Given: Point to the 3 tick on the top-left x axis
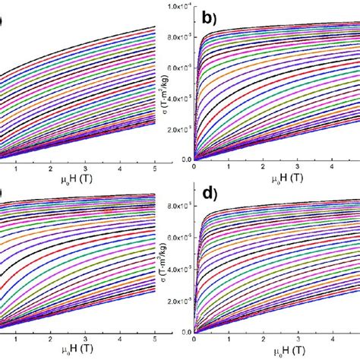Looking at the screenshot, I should click(93, 168).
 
